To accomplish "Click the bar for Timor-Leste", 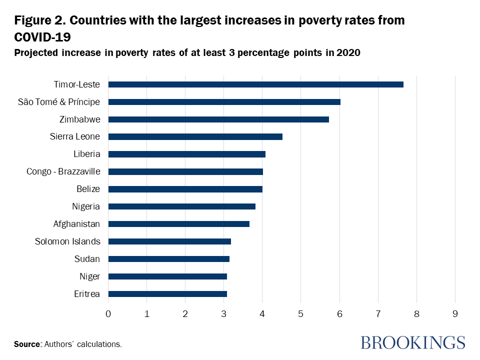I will tap(255, 84).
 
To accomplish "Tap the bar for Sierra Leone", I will tap(195, 137).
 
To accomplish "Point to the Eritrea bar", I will tap(167, 294).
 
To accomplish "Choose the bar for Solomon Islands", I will tap(169, 241).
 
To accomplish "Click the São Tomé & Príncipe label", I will tap(59, 102).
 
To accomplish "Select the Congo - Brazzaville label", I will tap(63, 171).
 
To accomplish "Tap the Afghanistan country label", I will tap(76, 224).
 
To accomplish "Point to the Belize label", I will tap(88, 189).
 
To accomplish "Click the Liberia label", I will tap(86, 154).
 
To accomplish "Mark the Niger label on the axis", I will tap(89, 276).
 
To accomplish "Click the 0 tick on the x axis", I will tap(108, 314).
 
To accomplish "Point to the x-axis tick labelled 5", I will tap(300, 314).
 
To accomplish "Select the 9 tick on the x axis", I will tap(455, 314).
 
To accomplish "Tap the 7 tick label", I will tap(378, 314).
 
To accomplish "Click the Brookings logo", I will tap(412, 342).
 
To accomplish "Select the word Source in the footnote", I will tap(27, 344).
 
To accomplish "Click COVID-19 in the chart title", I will tap(42, 37).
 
